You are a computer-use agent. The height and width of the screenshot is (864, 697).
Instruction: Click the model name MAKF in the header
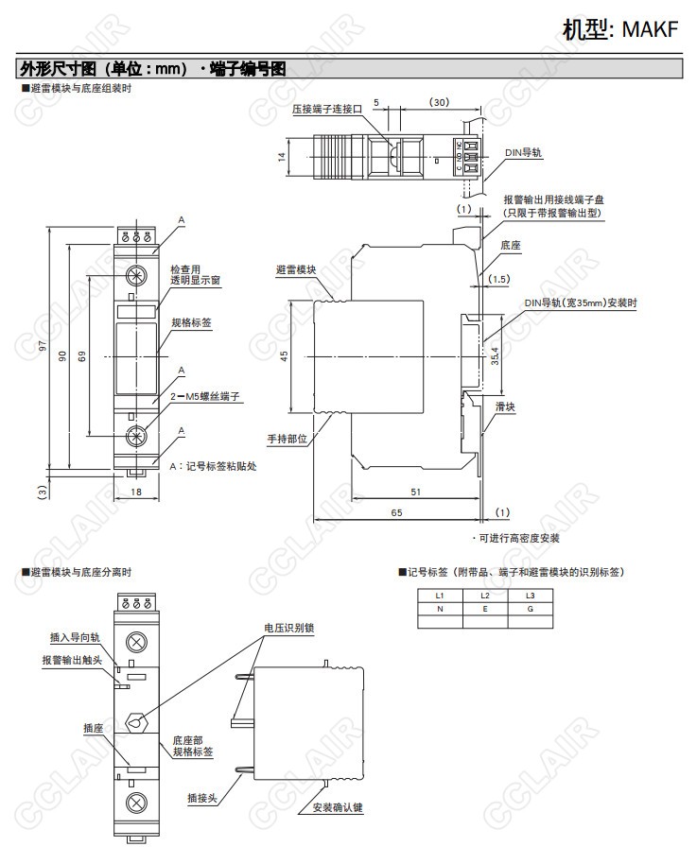650,29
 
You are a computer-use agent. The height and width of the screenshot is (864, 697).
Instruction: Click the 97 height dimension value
44,348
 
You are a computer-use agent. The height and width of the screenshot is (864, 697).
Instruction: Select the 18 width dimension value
136,492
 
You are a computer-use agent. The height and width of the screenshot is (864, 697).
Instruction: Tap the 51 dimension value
417,492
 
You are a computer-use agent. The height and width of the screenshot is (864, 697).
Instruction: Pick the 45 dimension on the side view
284,356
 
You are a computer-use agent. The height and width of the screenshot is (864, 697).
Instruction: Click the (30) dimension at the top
439,102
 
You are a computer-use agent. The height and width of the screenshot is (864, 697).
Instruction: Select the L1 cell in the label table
440,596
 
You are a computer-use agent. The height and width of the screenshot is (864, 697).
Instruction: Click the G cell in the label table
531,609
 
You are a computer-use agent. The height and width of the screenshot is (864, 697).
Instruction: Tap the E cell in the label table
485,609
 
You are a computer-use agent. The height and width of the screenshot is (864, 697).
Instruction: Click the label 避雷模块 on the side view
296,270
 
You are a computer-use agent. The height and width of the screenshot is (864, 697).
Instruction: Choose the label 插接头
202,798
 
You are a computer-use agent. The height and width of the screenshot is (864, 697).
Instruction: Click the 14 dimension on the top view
281,156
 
